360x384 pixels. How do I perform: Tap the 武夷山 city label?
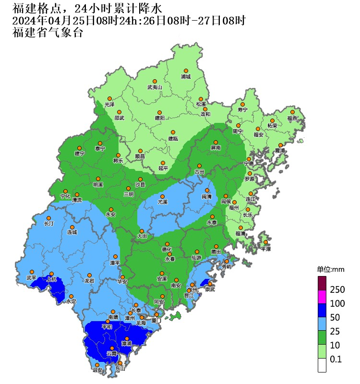[155, 87]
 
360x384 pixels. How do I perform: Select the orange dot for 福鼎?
[292, 112]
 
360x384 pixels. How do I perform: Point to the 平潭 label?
[265, 249]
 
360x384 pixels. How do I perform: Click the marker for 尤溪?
[163, 196]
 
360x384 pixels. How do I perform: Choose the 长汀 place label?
[49, 224]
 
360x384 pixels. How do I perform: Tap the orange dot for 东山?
[114, 363]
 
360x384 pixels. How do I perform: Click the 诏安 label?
[97, 370]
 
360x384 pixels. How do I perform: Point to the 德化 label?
[167, 249]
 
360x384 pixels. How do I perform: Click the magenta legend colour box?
[322, 296]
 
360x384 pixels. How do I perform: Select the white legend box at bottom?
[322, 365]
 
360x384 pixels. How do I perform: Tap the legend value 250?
[337, 289]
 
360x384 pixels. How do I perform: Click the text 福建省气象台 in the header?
[48, 33]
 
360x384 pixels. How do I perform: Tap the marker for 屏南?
[216, 142]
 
